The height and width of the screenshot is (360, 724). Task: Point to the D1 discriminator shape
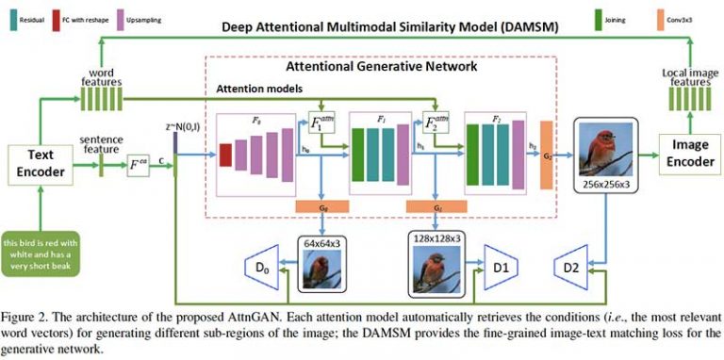click(x=501, y=268)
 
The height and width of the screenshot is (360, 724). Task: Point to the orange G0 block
click(x=322, y=205)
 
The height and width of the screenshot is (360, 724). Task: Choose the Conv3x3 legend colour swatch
click(x=639, y=17)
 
